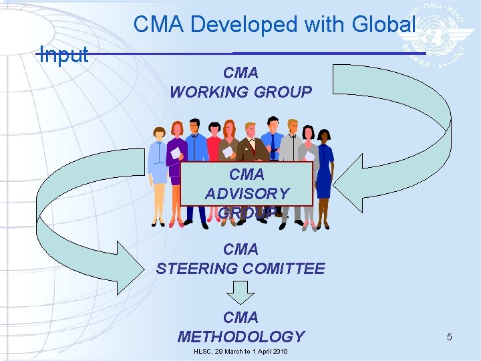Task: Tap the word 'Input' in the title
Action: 64,55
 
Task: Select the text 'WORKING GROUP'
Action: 240,92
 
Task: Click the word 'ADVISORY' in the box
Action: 247,194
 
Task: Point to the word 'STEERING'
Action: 198,269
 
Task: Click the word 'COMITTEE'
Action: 285,269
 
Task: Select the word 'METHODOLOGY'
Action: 240,336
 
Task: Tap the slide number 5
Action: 450,337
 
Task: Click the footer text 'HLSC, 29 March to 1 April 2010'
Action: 240,352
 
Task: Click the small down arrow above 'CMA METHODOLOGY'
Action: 240,291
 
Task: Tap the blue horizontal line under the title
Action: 327,53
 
